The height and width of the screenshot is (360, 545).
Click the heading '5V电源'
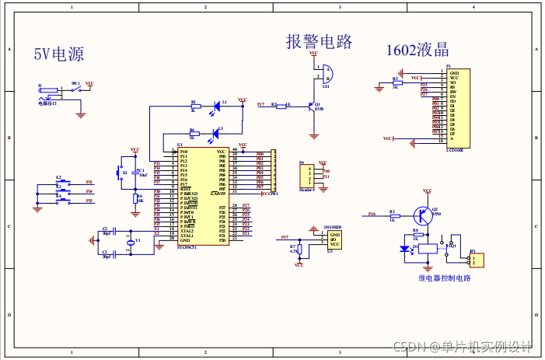click(58, 54)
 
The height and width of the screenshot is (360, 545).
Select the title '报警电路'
click(319, 41)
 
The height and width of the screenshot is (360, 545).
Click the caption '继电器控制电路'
click(444, 278)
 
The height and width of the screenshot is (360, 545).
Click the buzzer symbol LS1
click(327, 74)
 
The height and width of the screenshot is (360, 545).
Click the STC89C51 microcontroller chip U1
click(203, 196)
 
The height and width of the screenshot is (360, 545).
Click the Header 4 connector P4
click(307, 176)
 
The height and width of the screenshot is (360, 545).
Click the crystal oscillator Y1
click(130, 242)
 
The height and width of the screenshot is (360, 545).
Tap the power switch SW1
click(75, 89)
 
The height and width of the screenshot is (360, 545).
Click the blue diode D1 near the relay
click(404, 249)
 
